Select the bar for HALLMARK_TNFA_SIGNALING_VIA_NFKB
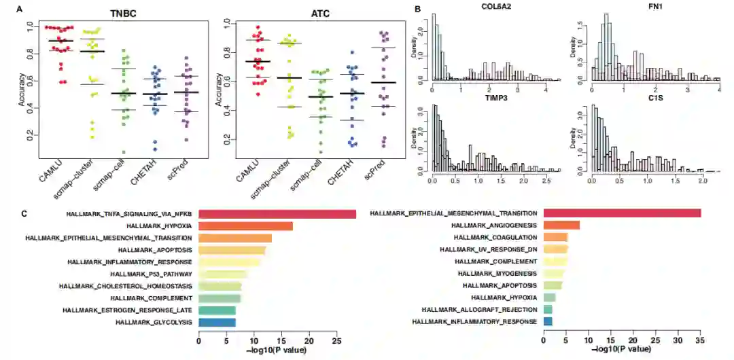pyautogui.click(x=277, y=214)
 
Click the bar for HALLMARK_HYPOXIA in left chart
pyautogui.click(x=245, y=226)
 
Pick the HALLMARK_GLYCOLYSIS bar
pyautogui.click(x=217, y=321)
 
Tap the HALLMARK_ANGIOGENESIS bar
pyautogui.click(x=561, y=225)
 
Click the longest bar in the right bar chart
pyautogui.click(x=622, y=213)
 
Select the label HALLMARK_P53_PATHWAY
pyautogui.click(x=151, y=274)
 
